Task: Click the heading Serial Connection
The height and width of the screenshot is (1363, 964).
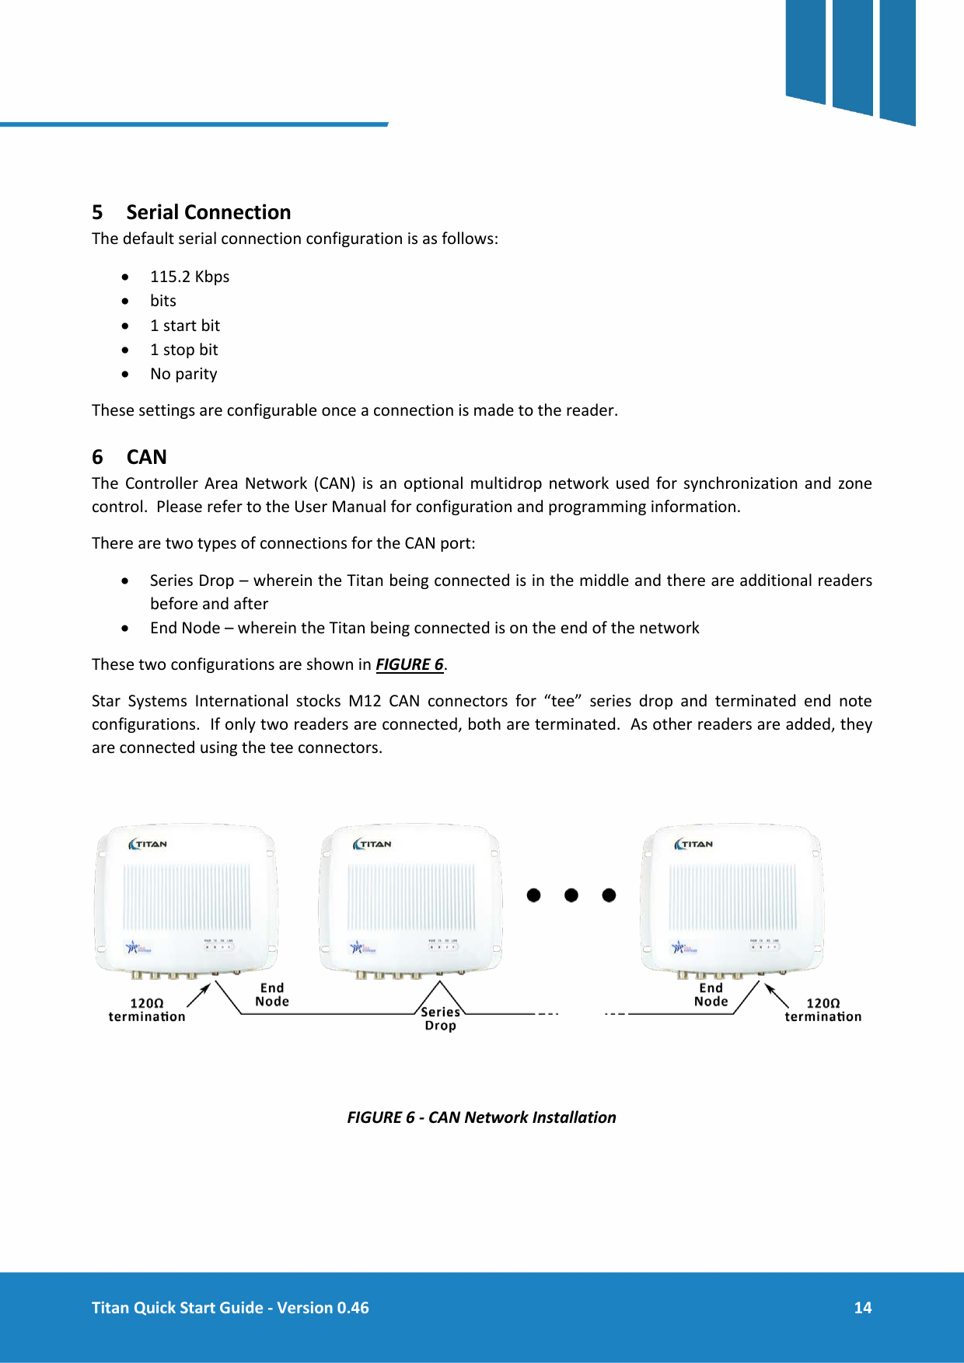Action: pyautogui.click(x=208, y=212)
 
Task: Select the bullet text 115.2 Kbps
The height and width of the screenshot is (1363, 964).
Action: pyautogui.click(x=190, y=277)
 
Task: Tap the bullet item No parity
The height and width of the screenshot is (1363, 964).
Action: pyautogui.click(x=183, y=374)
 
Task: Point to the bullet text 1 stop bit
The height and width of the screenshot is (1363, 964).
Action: pyautogui.click(x=183, y=350)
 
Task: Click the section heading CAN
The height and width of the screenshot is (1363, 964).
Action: pyautogui.click(x=146, y=457)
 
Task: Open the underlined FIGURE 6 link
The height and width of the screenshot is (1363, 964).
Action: pyautogui.click(x=409, y=664)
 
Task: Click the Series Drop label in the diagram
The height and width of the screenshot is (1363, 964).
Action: pyautogui.click(x=440, y=1018)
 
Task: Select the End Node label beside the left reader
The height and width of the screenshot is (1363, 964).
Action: pyautogui.click(x=272, y=995)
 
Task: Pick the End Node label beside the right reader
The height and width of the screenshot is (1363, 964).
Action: pyautogui.click(x=711, y=995)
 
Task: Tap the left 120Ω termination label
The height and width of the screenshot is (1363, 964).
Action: pyautogui.click(x=147, y=1010)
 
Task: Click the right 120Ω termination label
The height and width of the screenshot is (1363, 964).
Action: pyautogui.click(x=823, y=1010)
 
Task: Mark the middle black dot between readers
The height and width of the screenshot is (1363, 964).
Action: pyautogui.click(x=571, y=895)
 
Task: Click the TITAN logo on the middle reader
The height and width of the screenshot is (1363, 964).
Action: pyautogui.click(x=372, y=844)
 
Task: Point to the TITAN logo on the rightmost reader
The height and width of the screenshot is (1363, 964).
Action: pyautogui.click(x=693, y=844)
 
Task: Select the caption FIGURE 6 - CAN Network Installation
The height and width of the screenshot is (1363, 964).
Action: pyautogui.click(x=481, y=1117)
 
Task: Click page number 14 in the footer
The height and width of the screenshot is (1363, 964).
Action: pyautogui.click(x=862, y=1308)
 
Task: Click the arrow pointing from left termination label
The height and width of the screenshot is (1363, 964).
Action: pyautogui.click(x=199, y=995)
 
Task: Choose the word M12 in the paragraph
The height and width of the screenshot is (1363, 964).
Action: pyautogui.click(x=365, y=701)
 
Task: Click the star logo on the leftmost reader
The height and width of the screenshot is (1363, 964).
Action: pyautogui.click(x=132, y=947)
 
